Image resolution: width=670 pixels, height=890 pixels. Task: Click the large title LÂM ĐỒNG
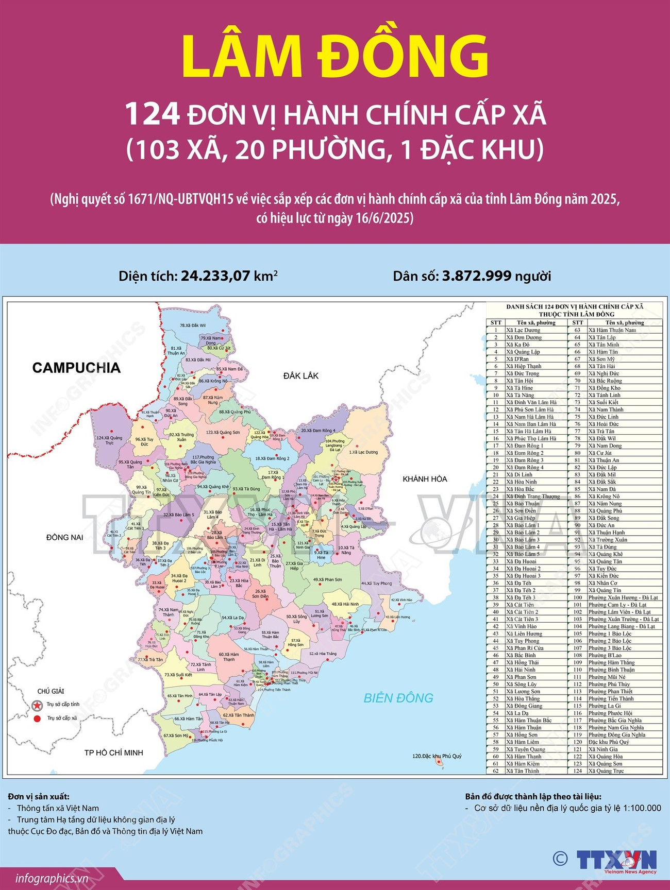coord(335,57)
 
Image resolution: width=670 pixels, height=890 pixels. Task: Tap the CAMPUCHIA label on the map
coord(76,368)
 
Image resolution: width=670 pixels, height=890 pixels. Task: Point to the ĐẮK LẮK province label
coord(301,376)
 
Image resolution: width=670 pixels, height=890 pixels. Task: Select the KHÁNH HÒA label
coord(425,479)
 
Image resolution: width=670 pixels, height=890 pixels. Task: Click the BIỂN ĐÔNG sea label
coord(398,698)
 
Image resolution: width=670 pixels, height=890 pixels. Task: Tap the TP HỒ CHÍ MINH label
coord(114,752)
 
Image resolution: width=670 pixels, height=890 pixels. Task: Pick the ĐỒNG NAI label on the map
coord(65,537)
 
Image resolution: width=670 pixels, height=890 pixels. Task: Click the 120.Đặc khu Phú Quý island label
coord(437,756)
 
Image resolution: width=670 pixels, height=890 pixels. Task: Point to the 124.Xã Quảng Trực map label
coord(109,440)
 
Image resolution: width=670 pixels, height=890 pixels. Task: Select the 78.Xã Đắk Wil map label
coord(193,326)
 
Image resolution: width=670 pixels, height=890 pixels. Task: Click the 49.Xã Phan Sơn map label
coord(327,579)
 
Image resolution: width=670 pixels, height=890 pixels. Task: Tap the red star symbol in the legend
coord(37,705)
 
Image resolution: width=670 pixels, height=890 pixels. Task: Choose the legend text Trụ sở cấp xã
coord(62,718)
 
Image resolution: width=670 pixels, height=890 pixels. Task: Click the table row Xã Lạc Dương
coord(523,330)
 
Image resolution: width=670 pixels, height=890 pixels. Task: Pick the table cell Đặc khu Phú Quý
coord(609,742)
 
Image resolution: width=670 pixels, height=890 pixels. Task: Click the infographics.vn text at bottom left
coord(52,879)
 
